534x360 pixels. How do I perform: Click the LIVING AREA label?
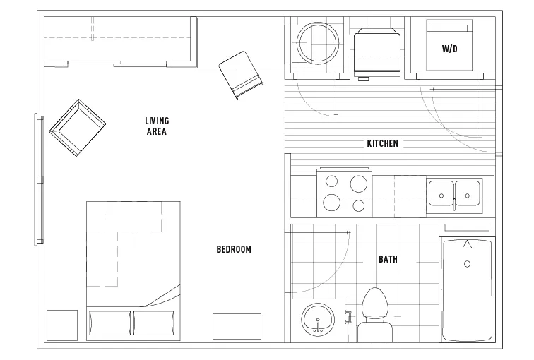click(x=157, y=126)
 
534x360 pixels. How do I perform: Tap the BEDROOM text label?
click(x=234, y=249)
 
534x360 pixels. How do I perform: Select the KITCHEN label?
click(x=382, y=143)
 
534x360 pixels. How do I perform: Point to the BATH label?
click(x=388, y=259)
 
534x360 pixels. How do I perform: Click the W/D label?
click(x=449, y=49)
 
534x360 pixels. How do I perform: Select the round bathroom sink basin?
click(x=318, y=320)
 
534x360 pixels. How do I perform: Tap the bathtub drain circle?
click(x=468, y=264)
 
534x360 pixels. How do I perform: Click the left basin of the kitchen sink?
click(x=441, y=193)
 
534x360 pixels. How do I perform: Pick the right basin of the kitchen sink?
click(x=468, y=193)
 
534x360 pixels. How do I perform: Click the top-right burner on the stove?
click(x=359, y=184)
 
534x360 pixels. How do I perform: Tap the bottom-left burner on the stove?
click(x=332, y=203)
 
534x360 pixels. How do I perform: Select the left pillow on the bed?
click(x=109, y=323)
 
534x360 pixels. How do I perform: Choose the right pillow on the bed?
click(x=153, y=323)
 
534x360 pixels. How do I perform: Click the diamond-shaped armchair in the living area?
click(x=78, y=128)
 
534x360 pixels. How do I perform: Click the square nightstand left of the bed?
click(x=62, y=325)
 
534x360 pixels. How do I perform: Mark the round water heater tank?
click(x=318, y=43)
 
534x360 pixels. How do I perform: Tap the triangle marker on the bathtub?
click(x=468, y=244)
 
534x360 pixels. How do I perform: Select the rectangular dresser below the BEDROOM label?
click(x=237, y=327)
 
